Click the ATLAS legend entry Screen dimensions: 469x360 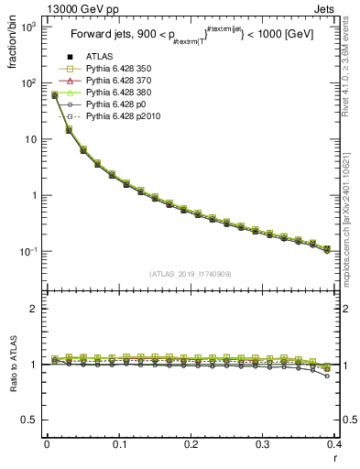(x=98, y=58)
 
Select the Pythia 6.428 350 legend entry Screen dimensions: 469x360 (x=116, y=70)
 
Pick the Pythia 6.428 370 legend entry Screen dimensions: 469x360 (x=116, y=82)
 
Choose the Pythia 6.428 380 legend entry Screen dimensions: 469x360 (x=116, y=93)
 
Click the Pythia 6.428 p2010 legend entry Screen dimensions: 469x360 (x=119, y=117)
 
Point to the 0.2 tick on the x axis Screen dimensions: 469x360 (x=191, y=446)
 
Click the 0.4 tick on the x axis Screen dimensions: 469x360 (x=333, y=446)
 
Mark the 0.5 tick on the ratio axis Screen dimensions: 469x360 (x=34, y=420)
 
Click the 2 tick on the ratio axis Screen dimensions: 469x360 (x=37, y=309)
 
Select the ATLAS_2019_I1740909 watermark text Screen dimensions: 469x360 (x=190, y=274)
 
